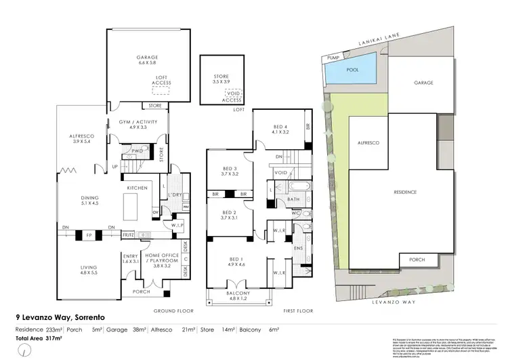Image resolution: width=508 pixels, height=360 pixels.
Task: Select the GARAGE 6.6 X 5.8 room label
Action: click(x=143, y=60)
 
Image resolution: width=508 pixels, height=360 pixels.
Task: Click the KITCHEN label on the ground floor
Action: click(x=138, y=188)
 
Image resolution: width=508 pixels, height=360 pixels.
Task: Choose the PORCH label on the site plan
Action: click(x=414, y=260)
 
